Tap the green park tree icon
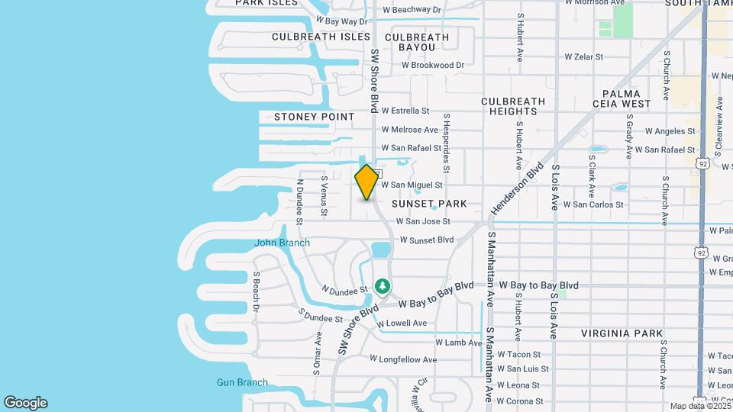[383, 287]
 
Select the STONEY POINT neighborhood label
[315, 117]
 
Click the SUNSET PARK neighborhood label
[428, 204]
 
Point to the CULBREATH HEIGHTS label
[513, 106]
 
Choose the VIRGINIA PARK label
[622, 333]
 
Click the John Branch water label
[282, 243]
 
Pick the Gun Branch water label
[242, 382]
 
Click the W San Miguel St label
[412, 185]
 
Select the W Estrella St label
[405, 111]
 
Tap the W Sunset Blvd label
[421, 240]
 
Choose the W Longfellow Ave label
[403, 359]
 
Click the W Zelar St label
[583, 56]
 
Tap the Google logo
[25, 403]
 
